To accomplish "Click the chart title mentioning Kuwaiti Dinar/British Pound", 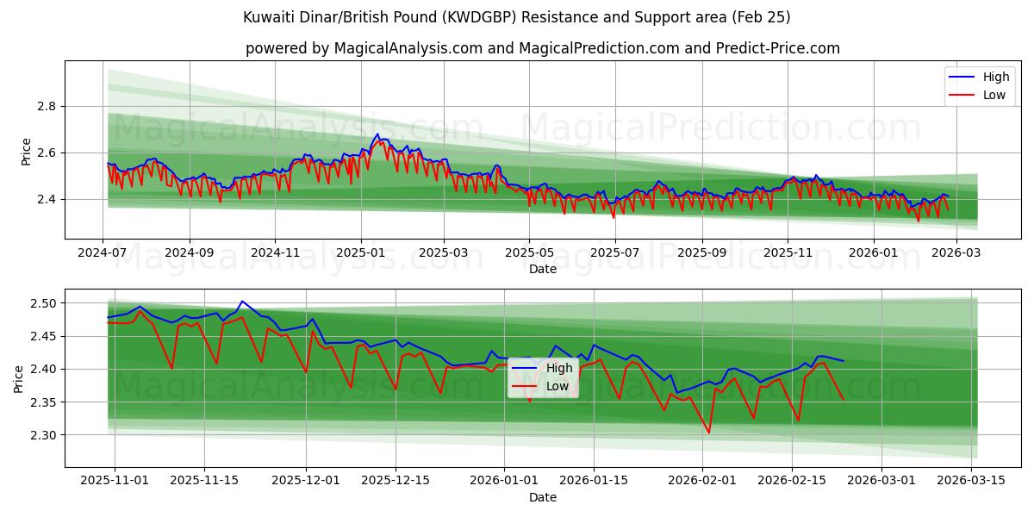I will point(517,17).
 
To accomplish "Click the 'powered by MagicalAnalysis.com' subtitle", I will point(543,48).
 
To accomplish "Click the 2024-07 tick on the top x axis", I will point(103,252).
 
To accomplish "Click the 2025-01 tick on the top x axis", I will point(360,252).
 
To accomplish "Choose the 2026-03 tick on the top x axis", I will point(955,252).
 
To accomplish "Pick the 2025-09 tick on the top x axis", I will point(701,252).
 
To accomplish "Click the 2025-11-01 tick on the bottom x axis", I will point(115,481).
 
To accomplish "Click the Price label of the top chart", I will point(26,152).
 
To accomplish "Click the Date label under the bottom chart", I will point(543,497).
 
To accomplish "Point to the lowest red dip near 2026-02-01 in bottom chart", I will point(708,433).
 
